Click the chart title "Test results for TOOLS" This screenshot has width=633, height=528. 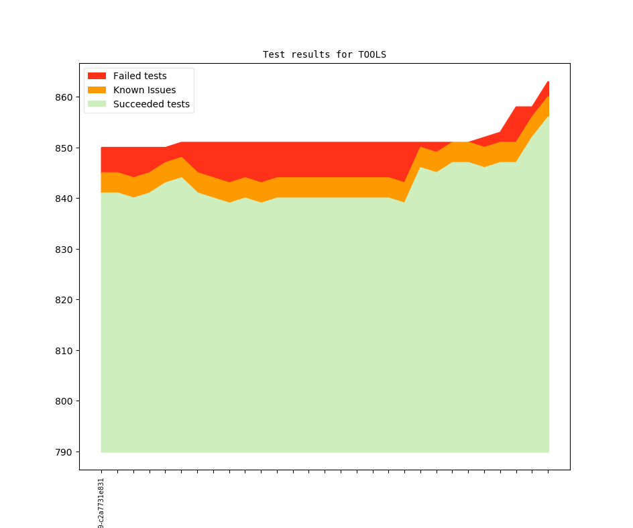(x=324, y=54)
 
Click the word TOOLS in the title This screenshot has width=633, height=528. (x=372, y=54)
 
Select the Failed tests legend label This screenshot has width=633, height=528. (x=139, y=76)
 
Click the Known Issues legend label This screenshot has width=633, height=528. (x=144, y=90)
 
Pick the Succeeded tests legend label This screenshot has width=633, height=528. (x=151, y=104)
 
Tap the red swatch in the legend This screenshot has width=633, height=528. (x=97, y=76)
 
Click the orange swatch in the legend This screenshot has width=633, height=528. (x=97, y=90)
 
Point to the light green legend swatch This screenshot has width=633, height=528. (x=97, y=104)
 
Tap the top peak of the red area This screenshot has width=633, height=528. (x=549, y=83)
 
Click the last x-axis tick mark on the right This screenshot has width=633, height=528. (x=549, y=472)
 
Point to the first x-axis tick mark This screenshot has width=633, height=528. (x=101, y=472)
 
